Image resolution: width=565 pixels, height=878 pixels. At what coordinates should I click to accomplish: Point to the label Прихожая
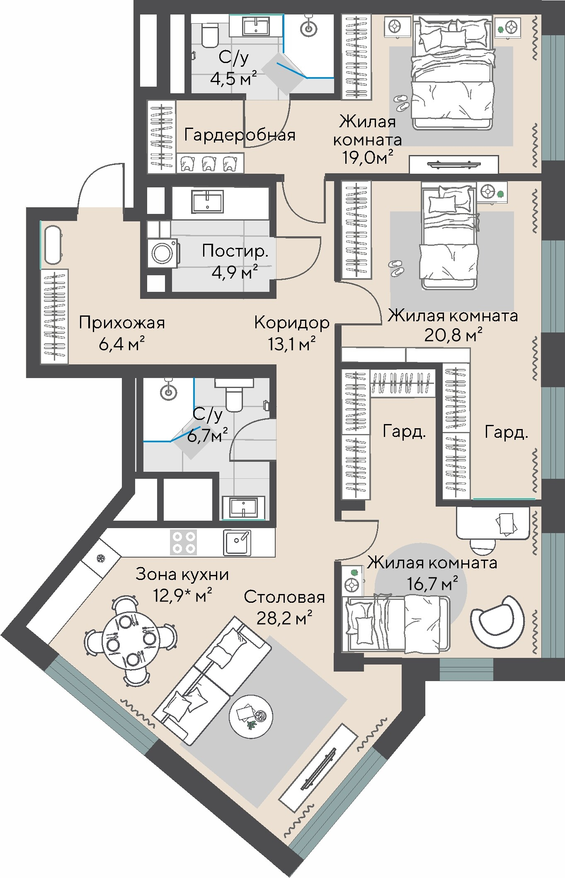(122, 323)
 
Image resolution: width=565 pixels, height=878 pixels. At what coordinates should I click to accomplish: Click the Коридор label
(292, 322)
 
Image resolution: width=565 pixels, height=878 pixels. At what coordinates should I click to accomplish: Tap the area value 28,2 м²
(284, 618)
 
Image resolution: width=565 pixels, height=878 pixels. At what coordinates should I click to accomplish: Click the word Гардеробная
(240, 135)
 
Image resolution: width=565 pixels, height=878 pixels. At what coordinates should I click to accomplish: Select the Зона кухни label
(182, 575)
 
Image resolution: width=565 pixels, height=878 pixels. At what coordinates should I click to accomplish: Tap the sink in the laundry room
(207, 202)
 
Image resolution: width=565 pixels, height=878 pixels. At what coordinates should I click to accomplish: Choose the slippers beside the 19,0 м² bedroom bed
(401, 102)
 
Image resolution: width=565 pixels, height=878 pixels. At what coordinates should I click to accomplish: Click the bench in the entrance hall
(53, 245)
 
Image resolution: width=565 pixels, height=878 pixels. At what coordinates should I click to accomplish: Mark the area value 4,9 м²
(235, 273)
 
